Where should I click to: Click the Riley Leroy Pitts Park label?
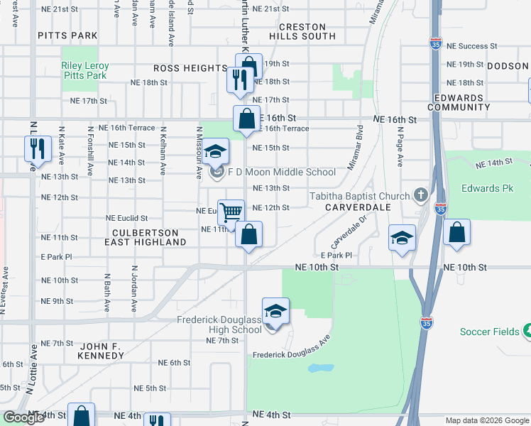point(84,70)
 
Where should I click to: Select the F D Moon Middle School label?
point(282,172)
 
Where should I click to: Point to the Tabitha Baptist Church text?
point(359,196)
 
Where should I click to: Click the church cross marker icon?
point(421,195)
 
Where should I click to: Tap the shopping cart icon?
point(231,211)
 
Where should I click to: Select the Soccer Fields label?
point(491,332)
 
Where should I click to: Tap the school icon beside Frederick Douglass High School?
point(275,310)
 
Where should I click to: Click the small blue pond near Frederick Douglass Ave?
point(321,368)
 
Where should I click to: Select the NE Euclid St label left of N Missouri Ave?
point(126,218)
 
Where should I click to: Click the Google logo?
point(23,417)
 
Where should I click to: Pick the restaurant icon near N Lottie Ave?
point(36,149)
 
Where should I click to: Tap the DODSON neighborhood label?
point(508,66)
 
